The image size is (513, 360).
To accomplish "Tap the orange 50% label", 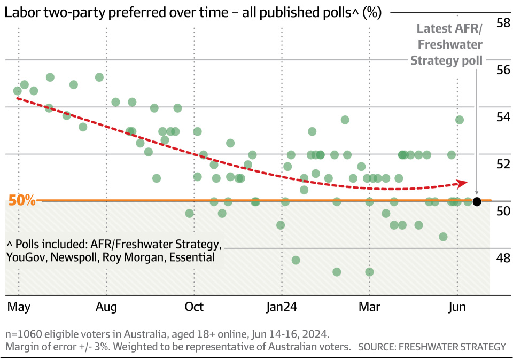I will point(22,201).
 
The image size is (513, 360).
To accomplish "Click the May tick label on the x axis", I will point(18,307).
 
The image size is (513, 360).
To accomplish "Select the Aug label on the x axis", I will point(106,307).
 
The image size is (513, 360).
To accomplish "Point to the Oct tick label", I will point(194,307).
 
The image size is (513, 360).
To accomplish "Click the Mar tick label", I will point(369,307).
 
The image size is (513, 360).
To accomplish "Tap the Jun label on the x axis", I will point(457,307).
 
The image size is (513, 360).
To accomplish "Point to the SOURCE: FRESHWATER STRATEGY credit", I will point(431,347).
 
